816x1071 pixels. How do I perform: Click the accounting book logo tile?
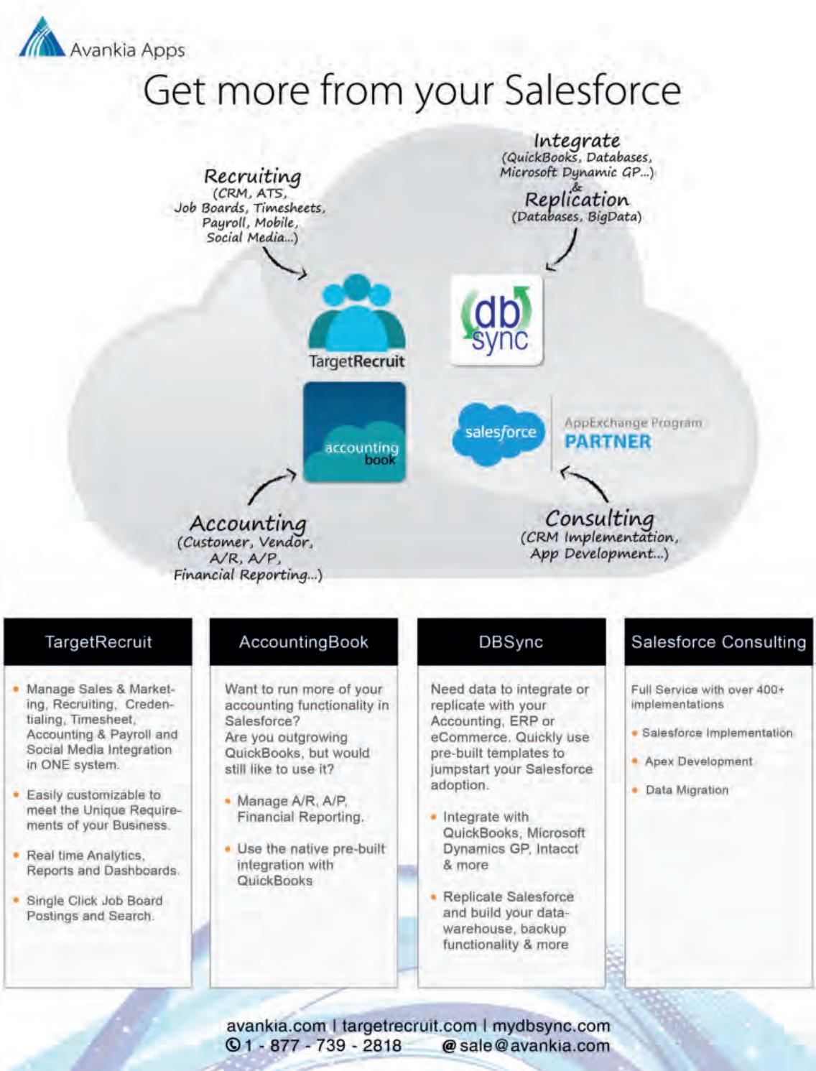point(354,432)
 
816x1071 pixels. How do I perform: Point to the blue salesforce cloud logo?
point(500,432)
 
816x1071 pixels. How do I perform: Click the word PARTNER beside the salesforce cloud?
point(608,442)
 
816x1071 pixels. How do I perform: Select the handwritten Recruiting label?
point(252,176)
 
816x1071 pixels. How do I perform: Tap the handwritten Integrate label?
point(577,140)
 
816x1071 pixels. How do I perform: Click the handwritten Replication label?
point(576,200)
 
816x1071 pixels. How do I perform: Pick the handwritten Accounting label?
point(248,523)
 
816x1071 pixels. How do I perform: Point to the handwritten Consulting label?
point(599,518)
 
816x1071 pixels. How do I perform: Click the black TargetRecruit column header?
point(98,641)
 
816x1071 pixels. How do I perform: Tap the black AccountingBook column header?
point(303,641)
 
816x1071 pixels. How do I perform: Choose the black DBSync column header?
point(511,641)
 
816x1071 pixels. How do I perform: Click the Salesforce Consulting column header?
point(718,641)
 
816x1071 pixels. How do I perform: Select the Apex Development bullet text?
point(698,761)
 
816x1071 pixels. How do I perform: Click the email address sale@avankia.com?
point(534,1045)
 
